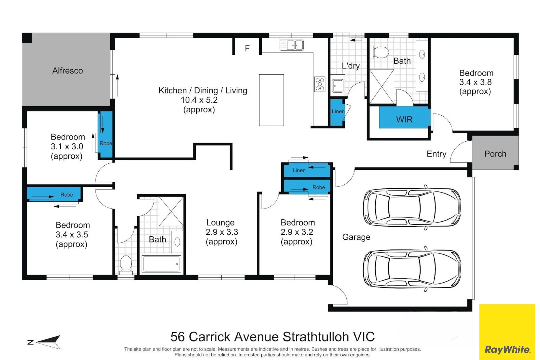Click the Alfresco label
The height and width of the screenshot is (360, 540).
coord(67,71)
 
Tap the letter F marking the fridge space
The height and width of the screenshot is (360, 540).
coord(247,48)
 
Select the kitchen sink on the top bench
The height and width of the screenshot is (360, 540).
coord(291,45)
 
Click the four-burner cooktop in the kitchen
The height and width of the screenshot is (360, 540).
coord(320,84)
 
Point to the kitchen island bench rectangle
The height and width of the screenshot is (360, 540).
coord(271,100)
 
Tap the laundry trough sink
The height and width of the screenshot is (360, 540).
coord(337,85)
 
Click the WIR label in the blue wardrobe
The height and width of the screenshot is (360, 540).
coord(404,119)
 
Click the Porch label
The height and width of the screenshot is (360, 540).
coord(495,154)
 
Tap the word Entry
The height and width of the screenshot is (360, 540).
coord(436,154)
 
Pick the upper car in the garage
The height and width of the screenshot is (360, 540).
coord(412,207)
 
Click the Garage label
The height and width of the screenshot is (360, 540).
coord(356,237)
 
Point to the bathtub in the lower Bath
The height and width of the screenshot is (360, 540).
coord(161,264)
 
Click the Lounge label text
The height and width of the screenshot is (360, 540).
coord(220,223)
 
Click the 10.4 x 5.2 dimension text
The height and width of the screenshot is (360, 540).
coord(199,100)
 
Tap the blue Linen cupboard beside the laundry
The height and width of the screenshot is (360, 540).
coord(337,112)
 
